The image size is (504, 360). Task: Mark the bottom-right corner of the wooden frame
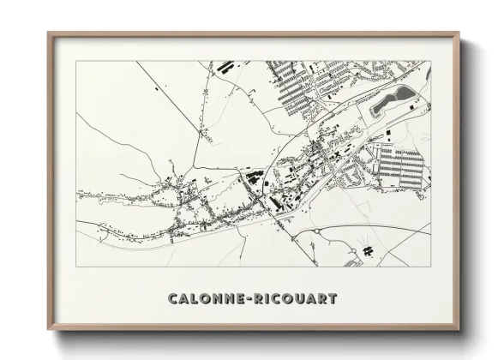point(461,333)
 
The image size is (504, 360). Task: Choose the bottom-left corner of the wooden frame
point(49,333)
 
